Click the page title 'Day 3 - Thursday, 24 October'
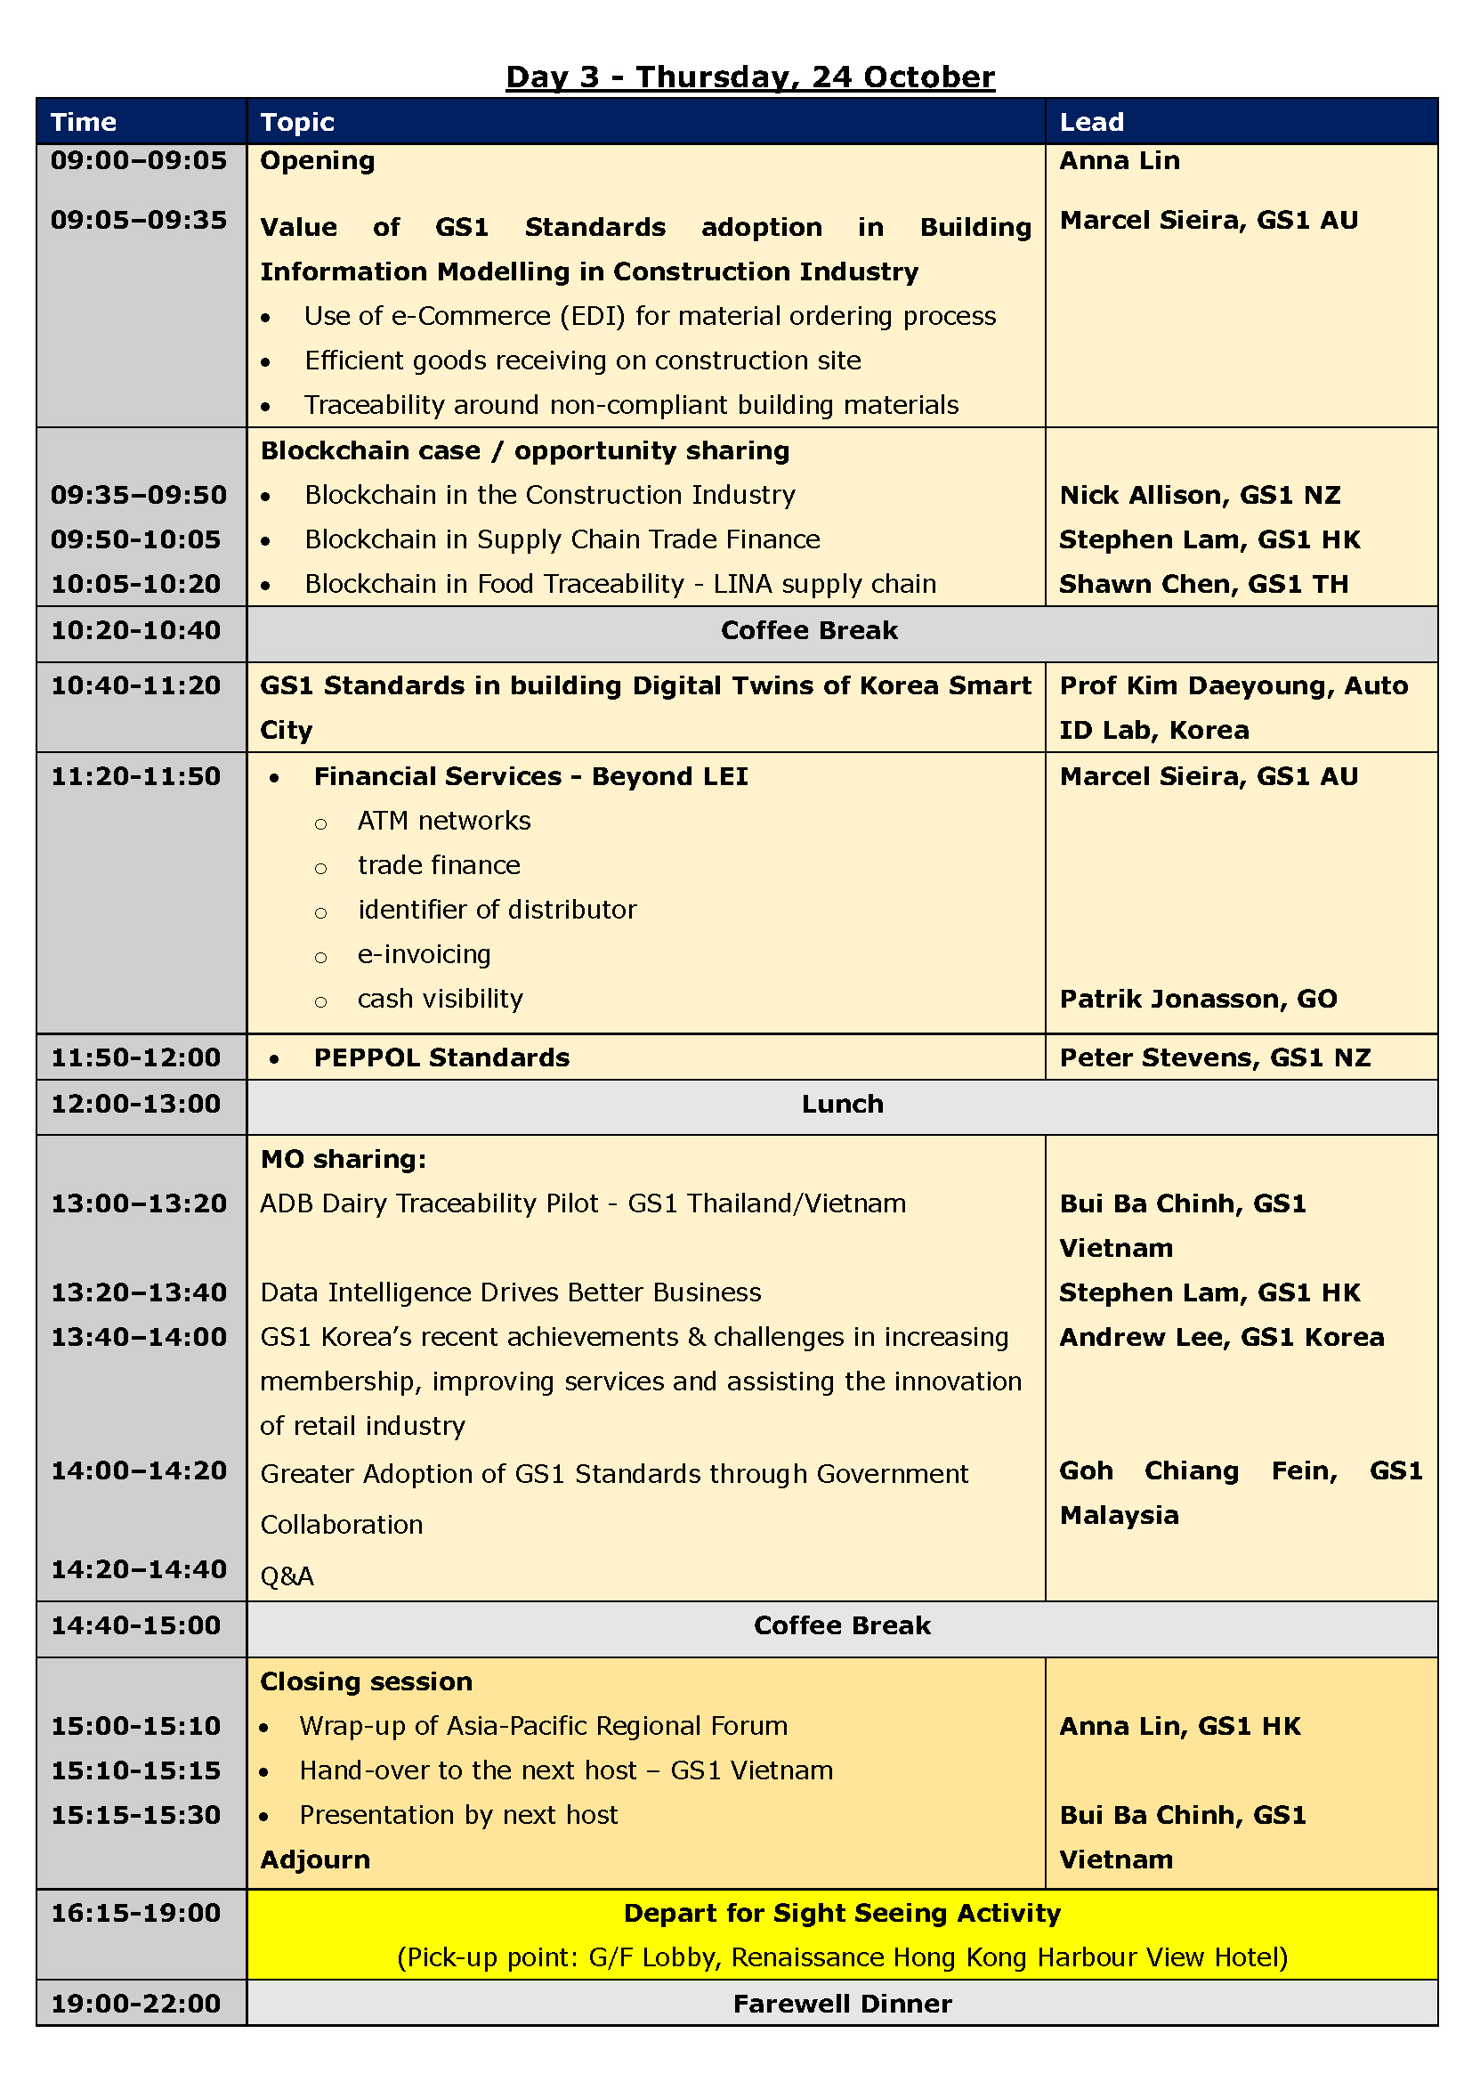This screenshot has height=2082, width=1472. point(749,77)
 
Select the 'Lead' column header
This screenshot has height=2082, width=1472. point(1091,123)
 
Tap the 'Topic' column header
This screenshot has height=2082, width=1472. point(297,123)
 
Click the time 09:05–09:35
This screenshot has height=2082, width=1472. point(139,221)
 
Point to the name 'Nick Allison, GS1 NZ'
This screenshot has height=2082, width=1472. point(1199,495)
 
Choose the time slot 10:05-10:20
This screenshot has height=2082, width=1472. point(136,584)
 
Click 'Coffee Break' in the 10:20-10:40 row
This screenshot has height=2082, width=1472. point(808,631)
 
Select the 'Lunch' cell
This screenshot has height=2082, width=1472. point(841,1105)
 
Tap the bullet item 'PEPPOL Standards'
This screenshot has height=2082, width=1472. point(441,1058)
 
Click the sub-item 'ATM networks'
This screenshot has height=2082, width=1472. point(444,822)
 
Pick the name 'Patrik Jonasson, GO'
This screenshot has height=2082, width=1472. point(1197,1000)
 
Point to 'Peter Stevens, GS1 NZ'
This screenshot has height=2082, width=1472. point(1215,1058)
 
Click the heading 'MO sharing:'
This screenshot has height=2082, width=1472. point(343,1160)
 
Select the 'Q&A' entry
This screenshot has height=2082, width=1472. point(287,1577)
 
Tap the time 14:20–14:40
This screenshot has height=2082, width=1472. point(139,1569)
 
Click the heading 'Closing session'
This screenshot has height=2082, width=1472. point(366,1682)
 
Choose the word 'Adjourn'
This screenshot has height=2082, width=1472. point(315,1860)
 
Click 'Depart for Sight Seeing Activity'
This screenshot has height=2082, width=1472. point(841,1914)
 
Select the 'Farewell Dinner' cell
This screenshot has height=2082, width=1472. point(841,2004)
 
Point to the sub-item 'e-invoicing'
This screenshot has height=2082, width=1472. point(425,955)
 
